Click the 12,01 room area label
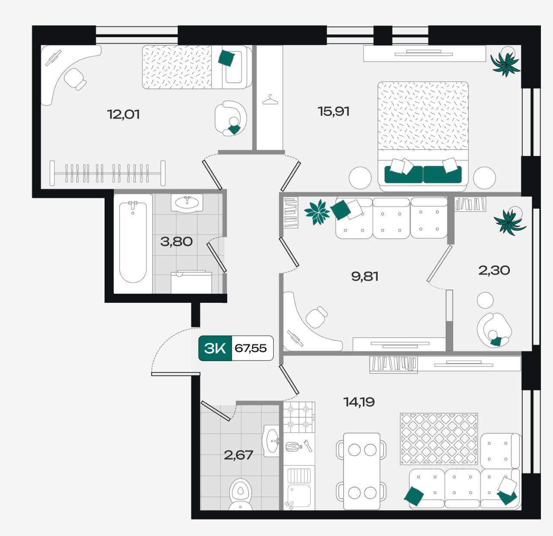pyautogui.click(x=123, y=114)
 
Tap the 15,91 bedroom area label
pyautogui.click(x=334, y=111)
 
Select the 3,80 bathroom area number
pyautogui.click(x=176, y=242)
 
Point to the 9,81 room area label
pyautogui.click(x=365, y=276)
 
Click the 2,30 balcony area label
pyautogui.click(x=494, y=270)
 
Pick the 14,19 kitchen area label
pyautogui.click(x=359, y=402)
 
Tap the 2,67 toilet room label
pyautogui.click(x=238, y=455)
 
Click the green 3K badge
pyautogui.click(x=215, y=348)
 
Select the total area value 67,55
pyautogui.click(x=251, y=348)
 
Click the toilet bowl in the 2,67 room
pyautogui.click(x=240, y=494)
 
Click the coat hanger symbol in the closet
pyautogui.click(x=270, y=100)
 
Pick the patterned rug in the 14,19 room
pyautogui.click(x=439, y=439)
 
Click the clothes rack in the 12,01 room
pyautogui.click(x=108, y=173)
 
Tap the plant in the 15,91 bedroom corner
pyautogui.click(x=506, y=63)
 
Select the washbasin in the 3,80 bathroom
pyautogui.click(x=187, y=203)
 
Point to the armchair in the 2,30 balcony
pyautogui.click(x=494, y=330)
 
